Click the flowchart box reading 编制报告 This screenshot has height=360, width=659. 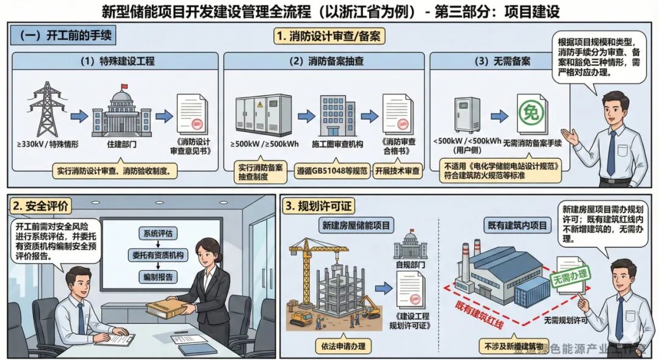pyautogui.click(x=158, y=276)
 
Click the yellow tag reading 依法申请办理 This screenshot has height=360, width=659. pyautogui.click(x=341, y=346)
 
